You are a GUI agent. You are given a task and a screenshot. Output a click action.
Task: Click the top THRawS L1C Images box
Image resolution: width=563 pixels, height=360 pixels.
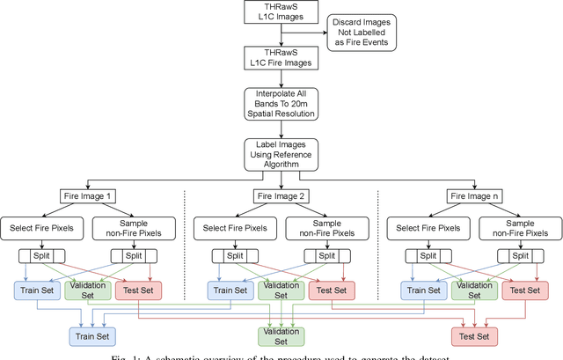point(281,14)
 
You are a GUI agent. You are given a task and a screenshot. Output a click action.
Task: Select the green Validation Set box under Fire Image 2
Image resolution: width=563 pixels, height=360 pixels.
point(281,289)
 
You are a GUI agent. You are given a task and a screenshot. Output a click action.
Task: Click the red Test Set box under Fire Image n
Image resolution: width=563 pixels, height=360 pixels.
point(523,289)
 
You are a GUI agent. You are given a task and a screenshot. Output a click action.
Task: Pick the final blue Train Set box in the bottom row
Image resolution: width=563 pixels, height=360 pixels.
point(95,335)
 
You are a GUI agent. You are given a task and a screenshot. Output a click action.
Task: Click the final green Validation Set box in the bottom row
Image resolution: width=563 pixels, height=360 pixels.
point(281,335)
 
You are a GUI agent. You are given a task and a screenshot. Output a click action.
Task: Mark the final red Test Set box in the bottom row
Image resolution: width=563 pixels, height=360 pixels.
point(475,335)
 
